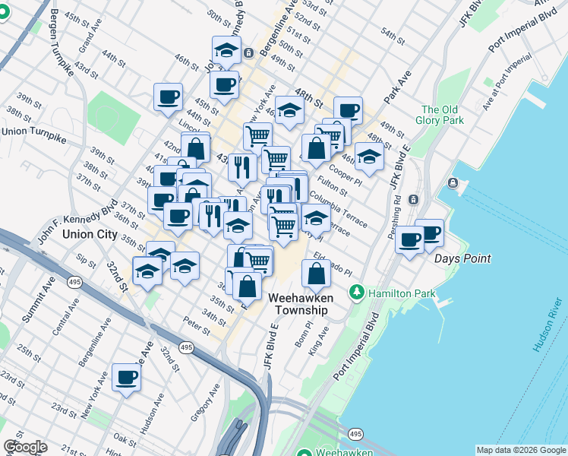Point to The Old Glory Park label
click(442, 115)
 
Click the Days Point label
click(462, 258)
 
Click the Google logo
click(25, 447)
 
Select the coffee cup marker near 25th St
click(126, 378)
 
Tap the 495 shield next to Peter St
click(187, 347)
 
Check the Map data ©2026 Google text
click(521, 450)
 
